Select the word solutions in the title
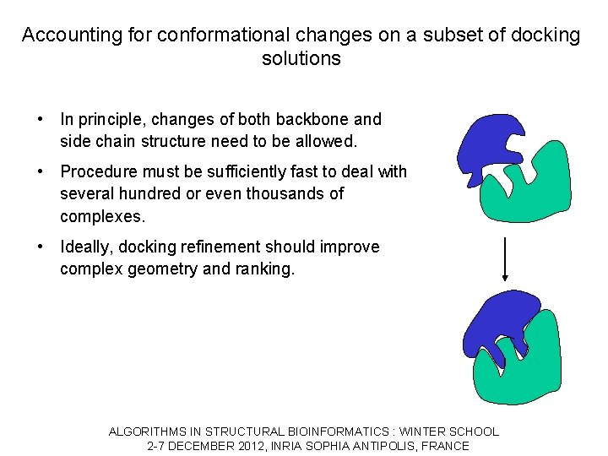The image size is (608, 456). [x=301, y=59]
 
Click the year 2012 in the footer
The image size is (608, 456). [x=250, y=446]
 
